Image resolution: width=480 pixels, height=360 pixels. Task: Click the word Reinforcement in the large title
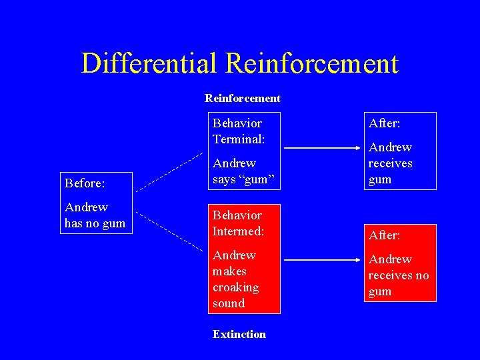click(312, 64)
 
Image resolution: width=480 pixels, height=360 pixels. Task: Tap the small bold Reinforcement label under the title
click(243, 99)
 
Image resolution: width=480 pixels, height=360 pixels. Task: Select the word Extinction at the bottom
click(239, 335)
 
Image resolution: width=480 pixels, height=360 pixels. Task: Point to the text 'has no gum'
click(95, 223)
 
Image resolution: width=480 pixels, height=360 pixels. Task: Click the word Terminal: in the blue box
click(239, 139)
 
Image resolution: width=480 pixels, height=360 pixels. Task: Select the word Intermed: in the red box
click(238, 231)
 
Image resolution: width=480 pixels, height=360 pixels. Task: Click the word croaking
click(235, 287)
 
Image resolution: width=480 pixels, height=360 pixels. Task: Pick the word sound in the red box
click(229, 303)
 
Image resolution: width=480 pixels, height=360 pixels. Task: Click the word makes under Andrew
click(229, 271)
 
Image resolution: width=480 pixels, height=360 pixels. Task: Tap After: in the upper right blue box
click(384, 123)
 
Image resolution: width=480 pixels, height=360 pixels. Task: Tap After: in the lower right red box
click(384, 235)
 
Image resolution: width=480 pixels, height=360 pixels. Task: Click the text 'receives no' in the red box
click(398, 275)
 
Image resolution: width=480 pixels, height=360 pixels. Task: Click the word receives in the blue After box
click(390, 163)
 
